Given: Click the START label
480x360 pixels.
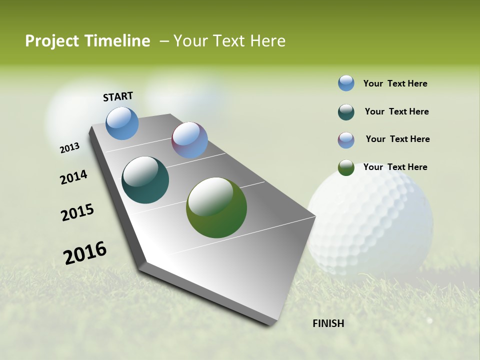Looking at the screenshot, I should [118, 96].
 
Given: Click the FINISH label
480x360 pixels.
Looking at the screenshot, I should [328, 323].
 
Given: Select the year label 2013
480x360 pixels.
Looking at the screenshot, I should [69, 148].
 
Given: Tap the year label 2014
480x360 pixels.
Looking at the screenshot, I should [73, 177].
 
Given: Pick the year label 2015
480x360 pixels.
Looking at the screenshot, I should [77, 212].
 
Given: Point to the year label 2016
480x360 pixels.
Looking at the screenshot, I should [85, 253].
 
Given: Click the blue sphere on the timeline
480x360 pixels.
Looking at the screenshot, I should [122, 123].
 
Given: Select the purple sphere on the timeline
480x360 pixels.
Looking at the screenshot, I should [189, 140].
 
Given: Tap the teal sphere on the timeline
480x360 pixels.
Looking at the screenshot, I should [145, 180].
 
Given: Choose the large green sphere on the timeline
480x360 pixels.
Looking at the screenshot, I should [216, 207].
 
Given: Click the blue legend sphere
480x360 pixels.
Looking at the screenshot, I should [346, 83].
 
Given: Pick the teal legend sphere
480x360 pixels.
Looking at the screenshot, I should [346, 111].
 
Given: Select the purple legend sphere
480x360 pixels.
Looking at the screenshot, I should [346, 139].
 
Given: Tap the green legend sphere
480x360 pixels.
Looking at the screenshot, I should [346, 167].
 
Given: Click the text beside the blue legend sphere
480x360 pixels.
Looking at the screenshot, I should [395, 83].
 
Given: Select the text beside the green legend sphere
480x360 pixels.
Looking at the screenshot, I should [395, 167].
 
